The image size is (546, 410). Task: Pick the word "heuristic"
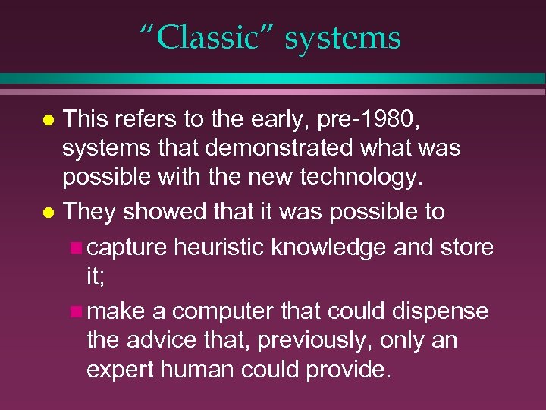pos(228,248)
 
